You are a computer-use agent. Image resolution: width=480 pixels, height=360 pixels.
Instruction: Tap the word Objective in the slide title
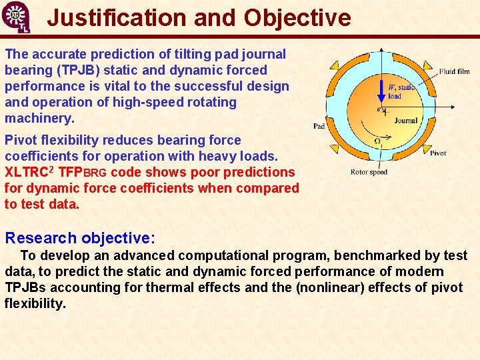[297, 18]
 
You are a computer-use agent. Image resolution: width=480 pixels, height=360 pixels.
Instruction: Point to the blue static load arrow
[381, 91]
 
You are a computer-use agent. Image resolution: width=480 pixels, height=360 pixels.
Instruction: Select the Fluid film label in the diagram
[454, 71]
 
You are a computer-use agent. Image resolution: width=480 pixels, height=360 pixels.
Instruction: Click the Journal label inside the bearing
[405, 121]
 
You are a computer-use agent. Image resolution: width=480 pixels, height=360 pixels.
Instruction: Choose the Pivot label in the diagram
[438, 153]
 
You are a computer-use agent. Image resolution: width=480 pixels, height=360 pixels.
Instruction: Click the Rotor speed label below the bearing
[369, 172]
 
